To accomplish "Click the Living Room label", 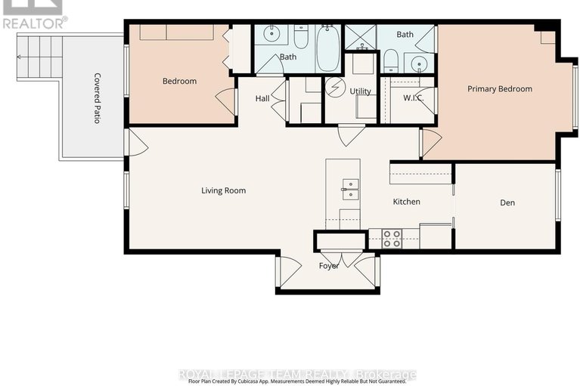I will (223, 190).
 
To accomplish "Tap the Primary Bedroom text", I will (499, 89).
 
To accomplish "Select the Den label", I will (507, 202).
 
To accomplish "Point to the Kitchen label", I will (406, 202).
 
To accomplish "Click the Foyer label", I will (329, 266).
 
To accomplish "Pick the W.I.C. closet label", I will (412, 97).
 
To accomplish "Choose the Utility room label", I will (360, 91).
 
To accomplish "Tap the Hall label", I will (262, 98).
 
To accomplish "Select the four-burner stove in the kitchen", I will (392, 239).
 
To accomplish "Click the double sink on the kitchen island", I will (350, 189).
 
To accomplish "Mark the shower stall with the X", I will (360, 37).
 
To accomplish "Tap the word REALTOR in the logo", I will (35, 23).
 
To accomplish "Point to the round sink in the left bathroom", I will (271, 35).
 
